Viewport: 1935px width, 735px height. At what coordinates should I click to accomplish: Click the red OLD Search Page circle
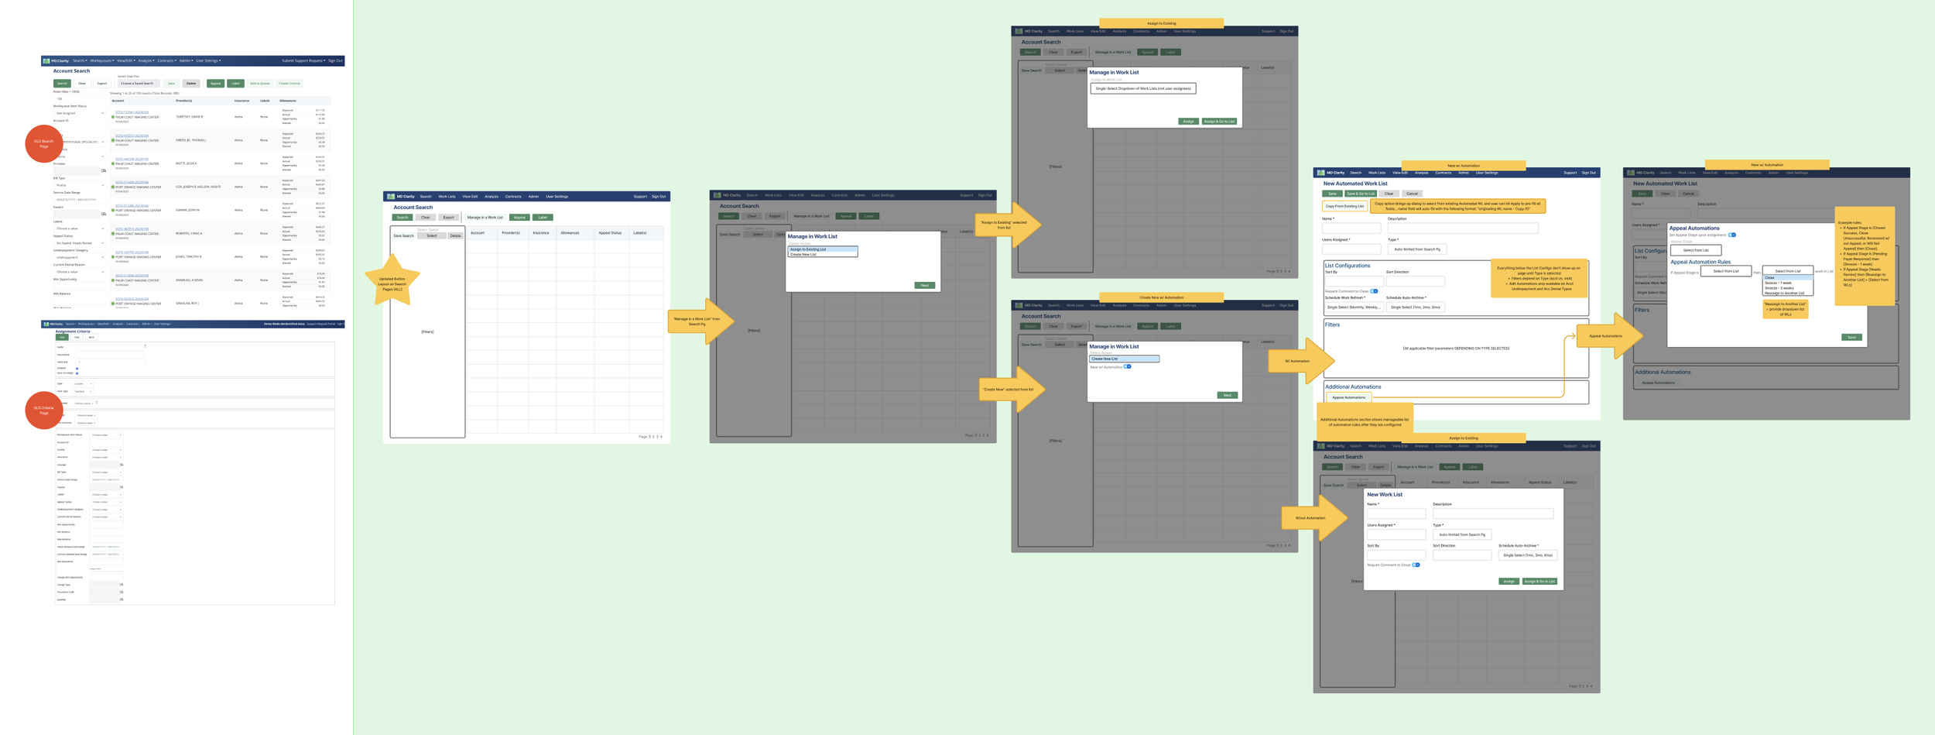tap(44, 143)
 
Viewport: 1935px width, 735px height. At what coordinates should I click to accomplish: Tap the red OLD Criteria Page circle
tap(44, 410)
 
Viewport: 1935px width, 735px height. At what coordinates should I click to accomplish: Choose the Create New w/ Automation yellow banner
tap(1161, 297)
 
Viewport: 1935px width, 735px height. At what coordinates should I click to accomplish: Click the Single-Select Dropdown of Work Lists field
tap(1142, 88)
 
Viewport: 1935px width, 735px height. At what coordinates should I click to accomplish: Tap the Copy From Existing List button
tap(1344, 206)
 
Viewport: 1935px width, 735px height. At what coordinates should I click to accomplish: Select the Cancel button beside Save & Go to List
tap(1412, 194)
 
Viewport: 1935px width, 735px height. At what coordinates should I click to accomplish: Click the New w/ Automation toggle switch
tap(1128, 366)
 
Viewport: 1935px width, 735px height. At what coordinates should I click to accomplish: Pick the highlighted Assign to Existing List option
tap(822, 249)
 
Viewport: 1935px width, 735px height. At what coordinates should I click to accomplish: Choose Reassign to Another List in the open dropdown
tap(1784, 293)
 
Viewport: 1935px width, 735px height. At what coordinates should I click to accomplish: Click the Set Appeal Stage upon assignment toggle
tap(1732, 235)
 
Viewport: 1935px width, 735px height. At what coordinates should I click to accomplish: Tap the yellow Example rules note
tap(1864, 256)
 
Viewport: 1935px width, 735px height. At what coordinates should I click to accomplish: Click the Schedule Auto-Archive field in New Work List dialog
tap(1527, 555)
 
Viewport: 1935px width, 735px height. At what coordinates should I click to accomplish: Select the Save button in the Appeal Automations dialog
tap(1851, 337)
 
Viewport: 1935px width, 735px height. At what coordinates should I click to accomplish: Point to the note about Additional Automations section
tap(1364, 422)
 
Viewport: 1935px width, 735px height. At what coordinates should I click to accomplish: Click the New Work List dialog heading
tap(1384, 494)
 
